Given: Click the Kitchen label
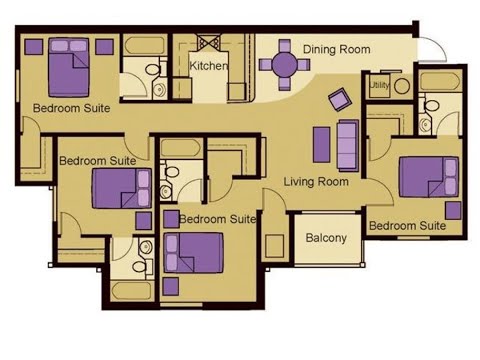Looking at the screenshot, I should coord(208,66).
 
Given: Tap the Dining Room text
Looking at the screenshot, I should coord(336,49).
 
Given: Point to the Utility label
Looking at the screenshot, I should coord(378,87).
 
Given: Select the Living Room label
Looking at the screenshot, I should coord(315,182).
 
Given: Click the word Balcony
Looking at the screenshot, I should coord(326,238).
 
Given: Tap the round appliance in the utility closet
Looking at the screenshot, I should coord(401,86).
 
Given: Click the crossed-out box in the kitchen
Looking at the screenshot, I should coord(210,43).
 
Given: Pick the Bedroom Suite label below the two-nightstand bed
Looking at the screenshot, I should coord(70,107).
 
